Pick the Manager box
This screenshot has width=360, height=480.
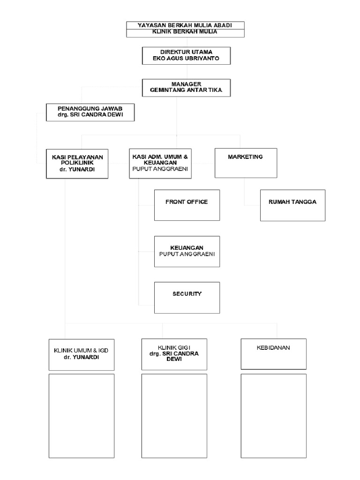(x=186, y=87)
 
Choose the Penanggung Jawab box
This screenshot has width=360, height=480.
(x=90, y=112)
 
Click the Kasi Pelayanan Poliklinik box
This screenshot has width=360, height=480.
(x=77, y=163)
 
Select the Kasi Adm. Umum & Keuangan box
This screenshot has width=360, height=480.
(x=161, y=163)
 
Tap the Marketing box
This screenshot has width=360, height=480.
(x=246, y=163)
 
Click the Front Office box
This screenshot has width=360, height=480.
(x=187, y=205)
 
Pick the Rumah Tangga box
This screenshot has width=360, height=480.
(x=292, y=205)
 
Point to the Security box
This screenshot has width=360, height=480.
(x=187, y=297)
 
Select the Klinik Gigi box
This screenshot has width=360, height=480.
(x=174, y=353)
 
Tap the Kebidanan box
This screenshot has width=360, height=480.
(x=274, y=353)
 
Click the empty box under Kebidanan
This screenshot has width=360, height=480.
(x=274, y=416)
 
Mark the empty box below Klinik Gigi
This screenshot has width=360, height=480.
(x=174, y=416)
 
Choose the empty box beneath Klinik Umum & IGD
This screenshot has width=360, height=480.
(x=82, y=416)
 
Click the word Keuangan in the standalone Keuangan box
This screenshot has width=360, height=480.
(x=187, y=247)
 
